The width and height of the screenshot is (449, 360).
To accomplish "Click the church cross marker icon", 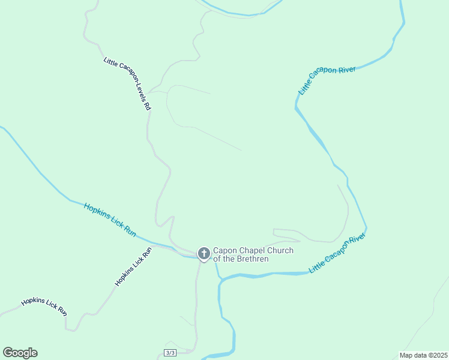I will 203,254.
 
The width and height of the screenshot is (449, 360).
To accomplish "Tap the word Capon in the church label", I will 225,251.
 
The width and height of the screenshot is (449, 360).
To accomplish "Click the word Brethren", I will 253,259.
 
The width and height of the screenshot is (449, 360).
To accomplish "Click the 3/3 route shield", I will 170,352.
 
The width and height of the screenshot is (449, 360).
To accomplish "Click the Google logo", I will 20,353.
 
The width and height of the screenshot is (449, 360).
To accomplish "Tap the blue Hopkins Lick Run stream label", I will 110,218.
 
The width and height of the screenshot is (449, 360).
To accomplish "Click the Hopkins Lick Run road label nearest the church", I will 134,266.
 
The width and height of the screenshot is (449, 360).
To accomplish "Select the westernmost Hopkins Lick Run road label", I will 44,306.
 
